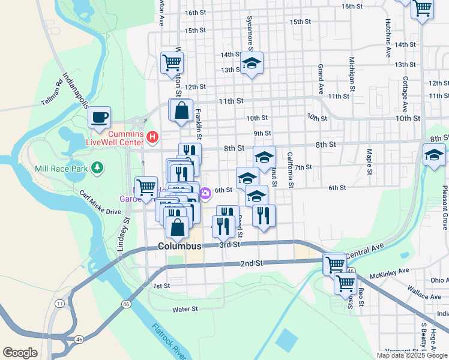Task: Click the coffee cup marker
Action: pyautogui.click(x=99, y=116)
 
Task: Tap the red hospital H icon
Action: pyautogui.click(x=152, y=137)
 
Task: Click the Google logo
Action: pyautogui.click(x=20, y=353)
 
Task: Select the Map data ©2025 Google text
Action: pyautogui.click(x=412, y=355)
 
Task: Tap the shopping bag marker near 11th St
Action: pyautogui.click(x=181, y=110)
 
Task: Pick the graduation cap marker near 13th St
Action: pyautogui.click(x=252, y=63)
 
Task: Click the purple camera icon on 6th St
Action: pyautogui.click(x=205, y=193)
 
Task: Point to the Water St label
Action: pyautogui.click(x=185, y=309)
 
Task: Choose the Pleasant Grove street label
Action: pyautogui.click(x=445, y=207)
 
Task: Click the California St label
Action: pyautogui.click(x=290, y=170)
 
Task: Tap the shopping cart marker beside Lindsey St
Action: pyautogui.click(x=146, y=187)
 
